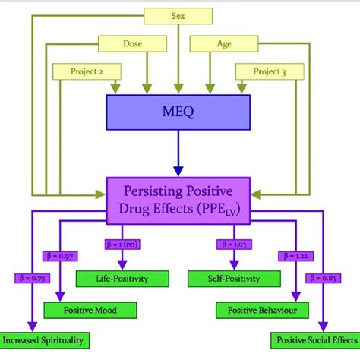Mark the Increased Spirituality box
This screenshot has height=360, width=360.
coord(43,339)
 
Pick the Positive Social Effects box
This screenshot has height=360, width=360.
coord(313,339)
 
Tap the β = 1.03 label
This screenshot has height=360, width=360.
coord(227,244)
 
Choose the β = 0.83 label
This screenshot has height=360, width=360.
coord(327,277)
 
